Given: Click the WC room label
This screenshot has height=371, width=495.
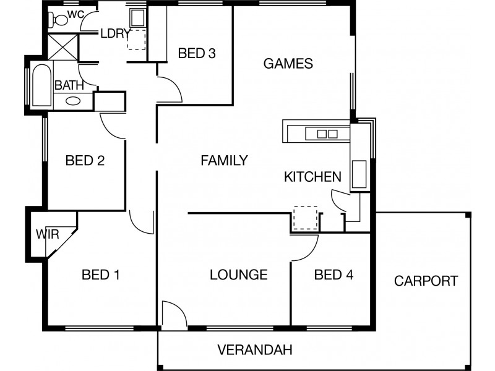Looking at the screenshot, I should click(76, 14).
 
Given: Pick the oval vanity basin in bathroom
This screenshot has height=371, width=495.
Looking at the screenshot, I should click(72, 101).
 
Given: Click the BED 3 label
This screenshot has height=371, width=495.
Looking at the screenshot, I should click(197, 53).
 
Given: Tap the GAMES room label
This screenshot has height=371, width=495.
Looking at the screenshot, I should click(288, 63).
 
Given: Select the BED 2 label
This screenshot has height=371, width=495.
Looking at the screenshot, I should click(84, 161).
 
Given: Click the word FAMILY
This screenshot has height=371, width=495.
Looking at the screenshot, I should click(224, 161).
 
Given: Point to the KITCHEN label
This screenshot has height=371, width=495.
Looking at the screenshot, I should click(312, 177).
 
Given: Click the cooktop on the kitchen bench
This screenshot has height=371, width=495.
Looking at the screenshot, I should click(326, 132).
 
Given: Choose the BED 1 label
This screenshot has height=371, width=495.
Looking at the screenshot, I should click(100, 275).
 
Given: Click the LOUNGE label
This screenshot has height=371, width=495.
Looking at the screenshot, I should click(238, 275).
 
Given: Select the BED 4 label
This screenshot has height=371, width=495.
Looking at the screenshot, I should click(334, 275).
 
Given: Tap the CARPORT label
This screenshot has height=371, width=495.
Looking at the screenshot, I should click(426, 281).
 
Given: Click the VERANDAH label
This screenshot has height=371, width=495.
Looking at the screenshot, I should click(255, 350).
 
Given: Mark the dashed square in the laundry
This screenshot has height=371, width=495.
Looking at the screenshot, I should click(136, 40).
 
